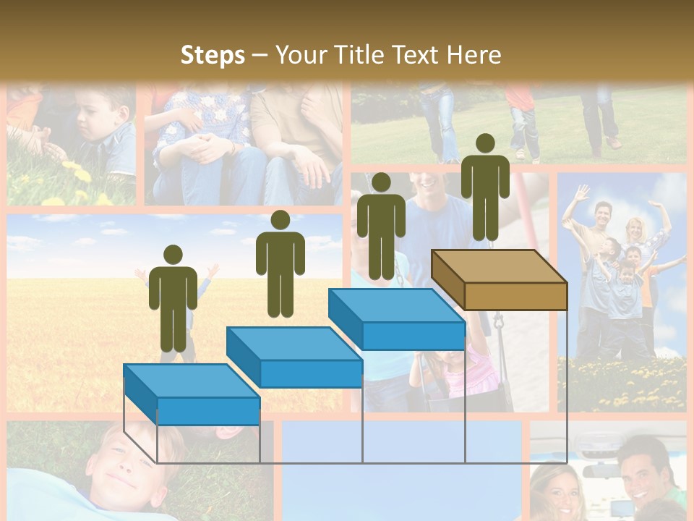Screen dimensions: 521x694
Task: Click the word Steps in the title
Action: pyautogui.click(x=213, y=55)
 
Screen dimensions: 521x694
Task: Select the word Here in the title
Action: pyautogui.click(x=474, y=55)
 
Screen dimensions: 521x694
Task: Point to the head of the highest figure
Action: pyautogui.click(x=485, y=143)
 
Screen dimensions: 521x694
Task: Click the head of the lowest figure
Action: pyautogui.click(x=173, y=255)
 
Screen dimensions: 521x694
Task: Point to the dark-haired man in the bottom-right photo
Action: pyautogui.click(x=647, y=470)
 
